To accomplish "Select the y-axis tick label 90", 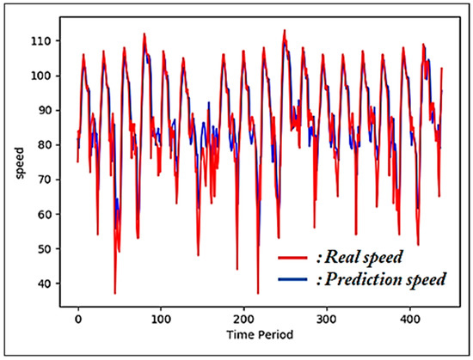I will pyautogui.click(x=50, y=111).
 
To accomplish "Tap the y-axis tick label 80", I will pyautogui.click(x=50, y=145).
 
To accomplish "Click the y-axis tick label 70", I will pyautogui.click(x=50, y=180).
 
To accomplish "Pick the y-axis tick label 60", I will pyautogui.click(x=50, y=215).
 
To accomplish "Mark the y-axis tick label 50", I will pyautogui.click(x=50, y=249).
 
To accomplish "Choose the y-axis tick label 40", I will pyautogui.click(x=50, y=284).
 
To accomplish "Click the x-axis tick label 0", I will pyautogui.click(x=78, y=317).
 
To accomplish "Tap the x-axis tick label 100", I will pyautogui.click(x=161, y=317).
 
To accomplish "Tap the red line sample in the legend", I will pyautogui.click(x=293, y=257).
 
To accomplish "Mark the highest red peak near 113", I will pyautogui.click(x=285, y=30).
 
